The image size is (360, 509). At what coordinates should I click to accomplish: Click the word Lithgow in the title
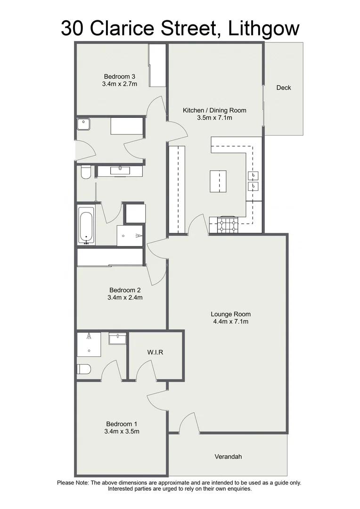(x=264, y=28)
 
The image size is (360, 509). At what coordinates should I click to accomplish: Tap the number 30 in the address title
(x=73, y=28)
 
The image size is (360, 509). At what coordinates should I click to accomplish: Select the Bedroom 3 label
(x=120, y=76)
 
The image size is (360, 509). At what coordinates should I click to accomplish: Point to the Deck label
(x=284, y=88)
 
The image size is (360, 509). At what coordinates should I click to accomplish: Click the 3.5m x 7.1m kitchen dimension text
(x=214, y=118)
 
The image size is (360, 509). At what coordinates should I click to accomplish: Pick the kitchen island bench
(x=218, y=181)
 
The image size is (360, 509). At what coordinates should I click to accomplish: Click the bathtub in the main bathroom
(x=86, y=225)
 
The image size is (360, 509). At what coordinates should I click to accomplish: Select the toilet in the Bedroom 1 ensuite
(x=83, y=369)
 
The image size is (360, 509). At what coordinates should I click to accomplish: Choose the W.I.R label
(x=155, y=353)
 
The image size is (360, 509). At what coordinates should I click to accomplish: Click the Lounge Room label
(x=230, y=314)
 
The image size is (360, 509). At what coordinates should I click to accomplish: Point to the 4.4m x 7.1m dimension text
(x=230, y=322)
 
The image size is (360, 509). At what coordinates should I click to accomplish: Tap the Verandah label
(x=228, y=457)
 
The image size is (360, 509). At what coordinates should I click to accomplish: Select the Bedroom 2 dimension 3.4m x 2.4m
(x=125, y=297)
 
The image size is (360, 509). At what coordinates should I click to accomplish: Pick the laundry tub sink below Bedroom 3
(x=84, y=124)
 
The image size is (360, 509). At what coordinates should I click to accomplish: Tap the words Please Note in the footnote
(x=73, y=483)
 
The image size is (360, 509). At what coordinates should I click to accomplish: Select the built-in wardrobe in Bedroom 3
(x=157, y=66)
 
